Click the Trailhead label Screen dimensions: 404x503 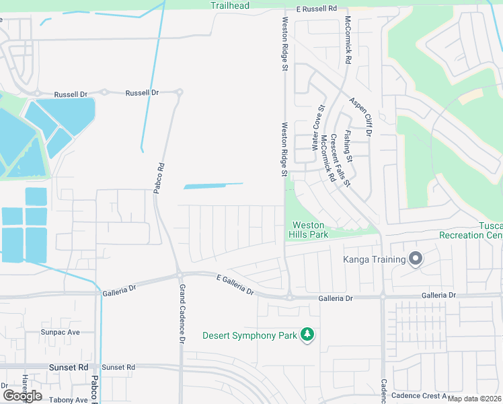(229, 5)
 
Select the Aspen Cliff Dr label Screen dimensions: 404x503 (360, 116)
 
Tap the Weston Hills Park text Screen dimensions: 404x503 (307, 230)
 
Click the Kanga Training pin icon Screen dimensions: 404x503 (416, 259)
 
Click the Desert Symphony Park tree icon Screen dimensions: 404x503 (307, 334)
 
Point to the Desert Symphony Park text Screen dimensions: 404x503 (249, 335)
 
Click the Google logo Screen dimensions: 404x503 (22, 396)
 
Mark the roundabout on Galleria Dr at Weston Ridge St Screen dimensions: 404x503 (289, 296)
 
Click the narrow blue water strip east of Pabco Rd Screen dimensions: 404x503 (213, 185)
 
